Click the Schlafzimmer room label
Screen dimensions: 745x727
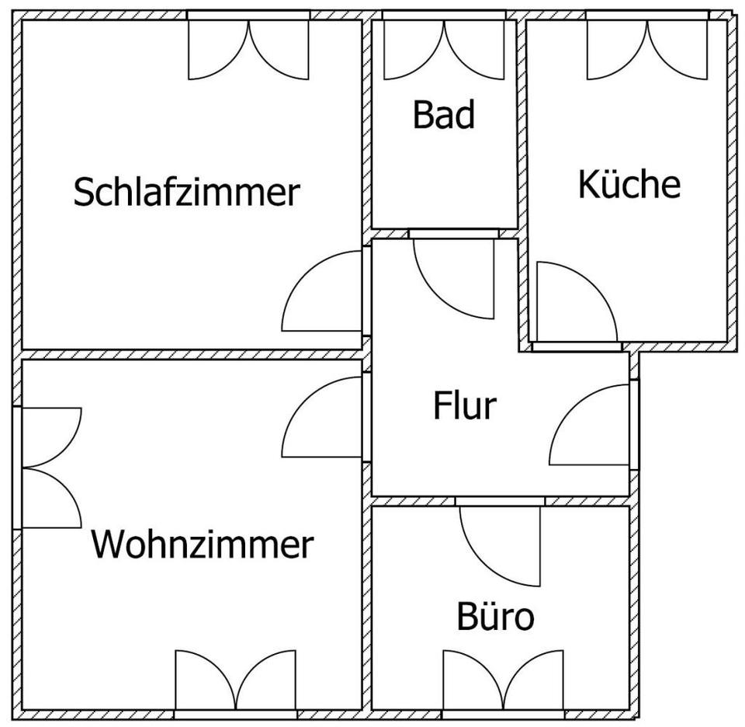click(187, 192)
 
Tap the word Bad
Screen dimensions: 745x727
click(444, 115)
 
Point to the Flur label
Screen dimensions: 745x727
click(465, 405)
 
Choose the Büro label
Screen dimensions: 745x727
click(496, 616)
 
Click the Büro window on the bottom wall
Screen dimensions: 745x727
click(503, 685)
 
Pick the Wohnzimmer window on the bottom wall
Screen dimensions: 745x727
click(236, 685)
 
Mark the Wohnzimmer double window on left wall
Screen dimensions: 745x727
click(47, 468)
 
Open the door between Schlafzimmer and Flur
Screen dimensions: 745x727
click(323, 291)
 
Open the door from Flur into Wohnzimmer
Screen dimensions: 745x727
click(323, 417)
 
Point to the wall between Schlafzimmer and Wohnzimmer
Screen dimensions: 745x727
click(192, 355)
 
